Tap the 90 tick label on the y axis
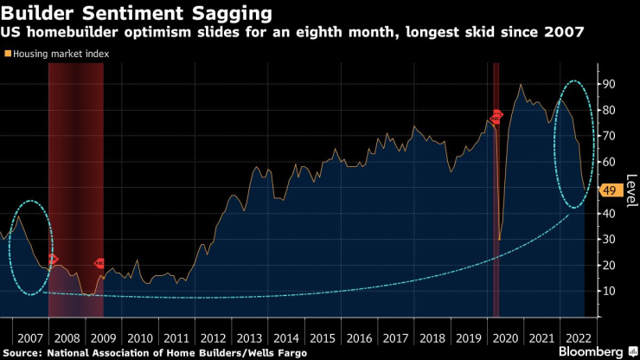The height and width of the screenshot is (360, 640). (x=611, y=84)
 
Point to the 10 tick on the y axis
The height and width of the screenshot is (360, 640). (x=610, y=291)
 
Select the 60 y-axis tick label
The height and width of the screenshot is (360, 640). (x=611, y=162)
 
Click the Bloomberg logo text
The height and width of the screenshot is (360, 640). (x=592, y=352)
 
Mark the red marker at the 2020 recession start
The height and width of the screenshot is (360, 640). (x=496, y=117)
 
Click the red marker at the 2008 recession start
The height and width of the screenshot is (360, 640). (x=52, y=259)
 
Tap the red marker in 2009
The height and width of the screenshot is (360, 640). (x=99, y=263)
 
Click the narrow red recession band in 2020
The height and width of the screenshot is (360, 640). (x=496, y=216)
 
